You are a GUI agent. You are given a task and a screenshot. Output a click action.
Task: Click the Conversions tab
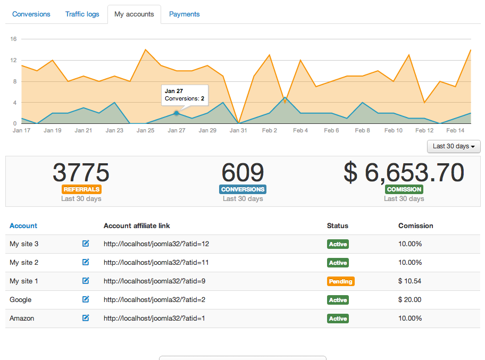(x=31, y=14)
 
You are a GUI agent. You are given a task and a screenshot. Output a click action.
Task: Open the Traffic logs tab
(x=82, y=14)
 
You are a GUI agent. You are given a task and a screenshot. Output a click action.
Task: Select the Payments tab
(x=184, y=14)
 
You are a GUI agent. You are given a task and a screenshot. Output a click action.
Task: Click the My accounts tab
(x=134, y=14)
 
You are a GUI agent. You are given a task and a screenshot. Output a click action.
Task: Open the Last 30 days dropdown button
(x=454, y=146)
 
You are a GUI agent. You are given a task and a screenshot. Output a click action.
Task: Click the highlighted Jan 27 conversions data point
(x=176, y=113)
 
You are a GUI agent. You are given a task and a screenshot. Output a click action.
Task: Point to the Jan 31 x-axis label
(x=238, y=130)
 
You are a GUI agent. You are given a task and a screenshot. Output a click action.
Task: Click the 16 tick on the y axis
(x=13, y=39)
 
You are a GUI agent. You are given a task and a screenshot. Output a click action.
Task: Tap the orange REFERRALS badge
(x=81, y=189)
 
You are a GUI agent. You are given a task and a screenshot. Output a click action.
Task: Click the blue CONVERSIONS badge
(x=242, y=189)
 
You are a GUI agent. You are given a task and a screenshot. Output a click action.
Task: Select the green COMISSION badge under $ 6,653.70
(x=404, y=189)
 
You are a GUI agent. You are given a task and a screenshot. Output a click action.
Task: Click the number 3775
(x=81, y=172)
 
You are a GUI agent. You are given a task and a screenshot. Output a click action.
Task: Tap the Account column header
(x=23, y=225)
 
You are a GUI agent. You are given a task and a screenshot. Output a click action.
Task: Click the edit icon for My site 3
(x=86, y=244)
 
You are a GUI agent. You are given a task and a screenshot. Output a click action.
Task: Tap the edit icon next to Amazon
(x=86, y=318)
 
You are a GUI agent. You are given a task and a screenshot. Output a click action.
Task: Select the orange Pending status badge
(x=340, y=281)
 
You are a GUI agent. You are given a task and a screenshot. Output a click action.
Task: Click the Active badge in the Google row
(x=338, y=300)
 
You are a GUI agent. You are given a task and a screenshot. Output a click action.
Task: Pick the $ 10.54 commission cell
(x=409, y=281)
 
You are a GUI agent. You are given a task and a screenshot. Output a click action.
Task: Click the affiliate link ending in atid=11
(x=156, y=262)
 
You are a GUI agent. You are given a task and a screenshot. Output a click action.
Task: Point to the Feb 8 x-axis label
(x=362, y=130)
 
